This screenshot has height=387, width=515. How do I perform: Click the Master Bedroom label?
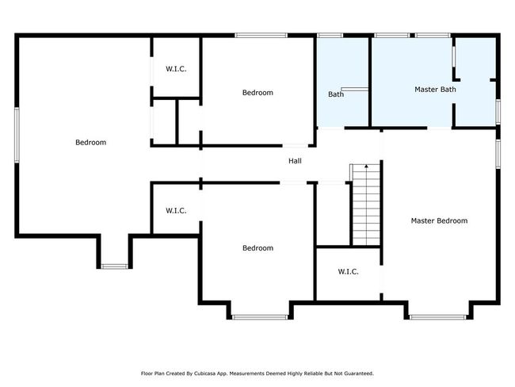tap(439, 220)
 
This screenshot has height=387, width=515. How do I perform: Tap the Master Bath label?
tap(435, 89)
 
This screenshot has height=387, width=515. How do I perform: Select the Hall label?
tap(295, 161)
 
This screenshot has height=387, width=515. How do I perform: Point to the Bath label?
tap(336, 94)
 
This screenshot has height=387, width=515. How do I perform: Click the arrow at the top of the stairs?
tap(367, 167)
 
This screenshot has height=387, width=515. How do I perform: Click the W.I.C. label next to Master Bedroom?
tap(348, 271)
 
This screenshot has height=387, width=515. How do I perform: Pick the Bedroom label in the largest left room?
tap(90, 143)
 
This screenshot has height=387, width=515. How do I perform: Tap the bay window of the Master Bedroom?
tap(438, 317)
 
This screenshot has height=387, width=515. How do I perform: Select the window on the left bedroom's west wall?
tap(17, 135)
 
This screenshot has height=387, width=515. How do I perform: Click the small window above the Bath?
tap(330, 35)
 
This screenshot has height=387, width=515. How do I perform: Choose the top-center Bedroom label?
tap(257, 93)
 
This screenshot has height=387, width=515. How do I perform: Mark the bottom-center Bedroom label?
tap(257, 248)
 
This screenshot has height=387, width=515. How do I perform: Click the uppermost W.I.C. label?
tap(176, 69)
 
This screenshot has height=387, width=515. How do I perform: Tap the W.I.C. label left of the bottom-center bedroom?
tap(176, 210)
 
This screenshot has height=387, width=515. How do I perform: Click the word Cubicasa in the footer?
tap(205, 374)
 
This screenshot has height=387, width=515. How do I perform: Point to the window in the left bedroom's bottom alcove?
tap(114, 266)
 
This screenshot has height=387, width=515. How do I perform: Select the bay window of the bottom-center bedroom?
tap(260, 317)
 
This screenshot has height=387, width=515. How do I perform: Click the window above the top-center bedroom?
tap(261, 35)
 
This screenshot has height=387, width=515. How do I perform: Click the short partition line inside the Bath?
tap(354, 89)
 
